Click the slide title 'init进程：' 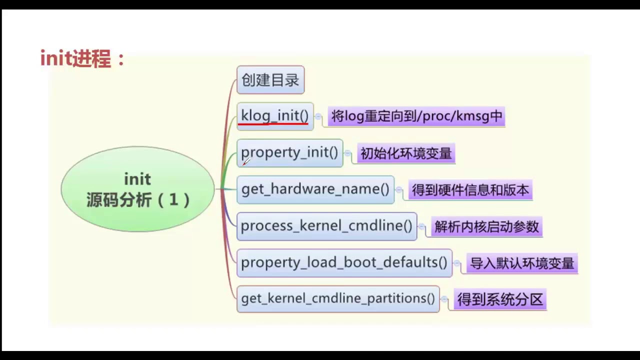[83, 59]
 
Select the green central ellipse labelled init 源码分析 [137, 189]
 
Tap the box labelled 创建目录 [270, 80]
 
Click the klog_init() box [274, 115]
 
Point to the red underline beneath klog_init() [273, 123]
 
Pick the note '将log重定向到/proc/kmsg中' [416, 117]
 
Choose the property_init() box [289, 152]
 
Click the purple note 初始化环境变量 [406, 153]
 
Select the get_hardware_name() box [315, 189]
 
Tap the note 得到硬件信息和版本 [470, 190]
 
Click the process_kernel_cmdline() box [326, 226]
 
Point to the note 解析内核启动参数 [486, 227]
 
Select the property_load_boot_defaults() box [344, 262]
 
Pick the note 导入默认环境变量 [522, 263]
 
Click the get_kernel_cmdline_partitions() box [338, 298]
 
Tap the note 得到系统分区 [500, 300]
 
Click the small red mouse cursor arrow [245, 161]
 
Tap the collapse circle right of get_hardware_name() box [399, 190]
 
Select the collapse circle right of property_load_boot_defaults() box [457, 263]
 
